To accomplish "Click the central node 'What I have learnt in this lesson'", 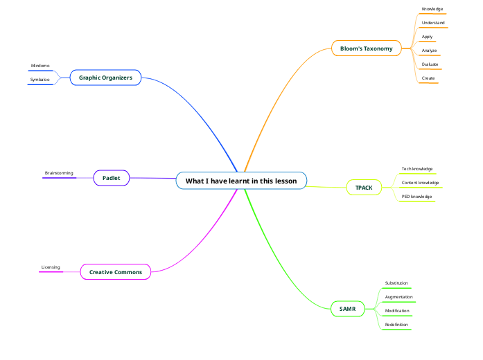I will [240, 181].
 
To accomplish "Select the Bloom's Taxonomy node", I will [366, 48].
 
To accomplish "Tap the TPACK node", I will [364, 188].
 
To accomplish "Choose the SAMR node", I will [347, 308].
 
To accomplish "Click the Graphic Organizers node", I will [105, 78].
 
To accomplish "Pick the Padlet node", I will [111, 178].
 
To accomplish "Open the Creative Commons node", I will [115, 272].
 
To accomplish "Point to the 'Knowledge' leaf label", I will [432, 9].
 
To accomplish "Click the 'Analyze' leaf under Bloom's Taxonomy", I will [429, 51].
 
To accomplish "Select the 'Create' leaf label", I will [428, 78].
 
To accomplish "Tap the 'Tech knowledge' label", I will [417, 169].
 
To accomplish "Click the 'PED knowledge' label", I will [416, 197].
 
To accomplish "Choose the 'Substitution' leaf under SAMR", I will [396, 283].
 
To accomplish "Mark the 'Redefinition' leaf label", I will [396, 325].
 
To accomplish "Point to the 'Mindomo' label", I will [40, 66].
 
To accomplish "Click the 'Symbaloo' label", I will [39, 80].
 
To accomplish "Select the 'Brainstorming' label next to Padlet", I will [59, 173].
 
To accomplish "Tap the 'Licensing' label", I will [51, 267].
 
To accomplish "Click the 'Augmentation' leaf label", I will [398, 297].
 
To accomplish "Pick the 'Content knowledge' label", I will [420, 183].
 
